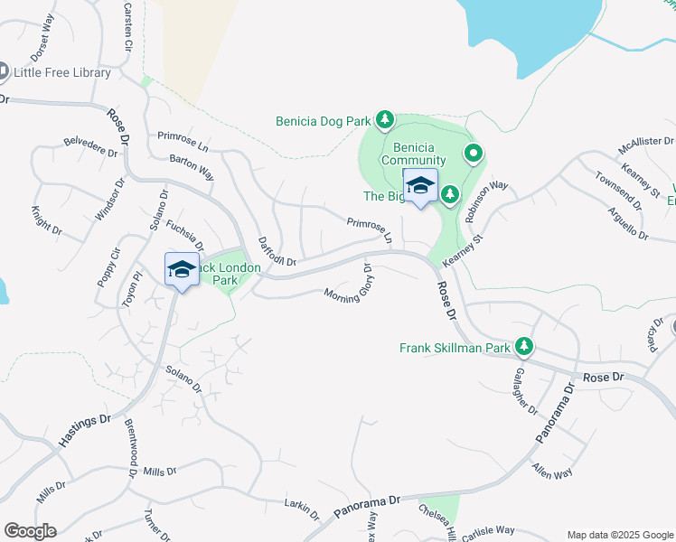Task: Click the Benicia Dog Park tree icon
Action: click(385, 119)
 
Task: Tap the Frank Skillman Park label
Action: click(455, 347)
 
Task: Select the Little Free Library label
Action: click(62, 72)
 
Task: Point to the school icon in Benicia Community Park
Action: click(420, 186)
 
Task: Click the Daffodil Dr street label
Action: click(277, 252)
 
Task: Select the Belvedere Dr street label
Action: click(91, 147)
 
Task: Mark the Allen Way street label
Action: click(551, 472)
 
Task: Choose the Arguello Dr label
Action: click(628, 223)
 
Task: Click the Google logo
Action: click(30, 531)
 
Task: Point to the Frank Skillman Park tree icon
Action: click(523, 346)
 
